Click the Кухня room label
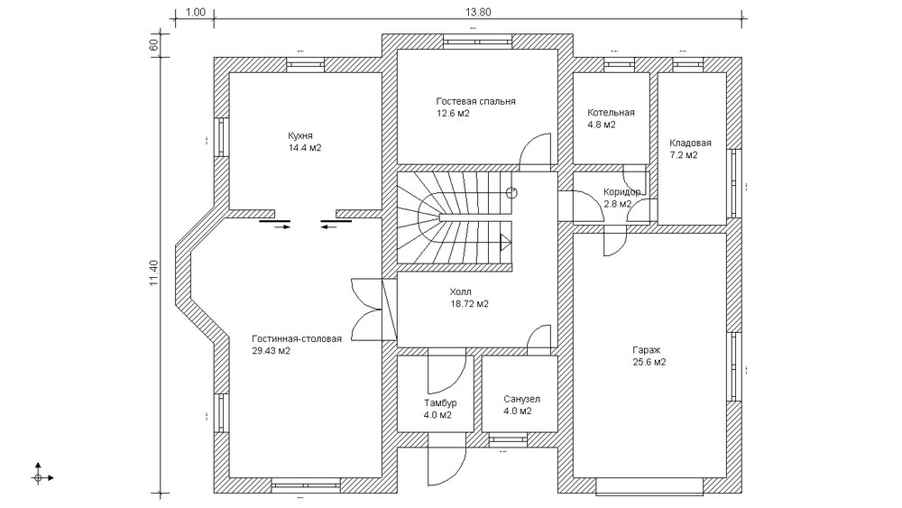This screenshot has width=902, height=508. pyautogui.click(x=300, y=135)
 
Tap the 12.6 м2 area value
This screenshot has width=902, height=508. pyautogui.click(x=453, y=114)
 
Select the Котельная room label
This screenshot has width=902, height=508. pyautogui.click(x=611, y=112)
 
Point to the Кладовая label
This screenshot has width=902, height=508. pyautogui.click(x=690, y=143)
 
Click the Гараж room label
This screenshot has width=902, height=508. pyautogui.click(x=647, y=350)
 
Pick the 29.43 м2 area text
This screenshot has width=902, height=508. pyautogui.click(x=271, y=351)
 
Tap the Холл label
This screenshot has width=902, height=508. pyautogui.click(x=460, y=291)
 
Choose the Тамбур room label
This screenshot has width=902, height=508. pyautogui.click(x=441, y=402)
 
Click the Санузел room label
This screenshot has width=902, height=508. pyautogui.click(x=521, y=399)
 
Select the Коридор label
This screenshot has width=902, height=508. pyautogui.click(x=621, y=191)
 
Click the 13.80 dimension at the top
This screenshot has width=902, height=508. pyautogui.click(x=478, y=12)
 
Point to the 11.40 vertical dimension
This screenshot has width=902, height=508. pyautogui.click(x=153, y=272)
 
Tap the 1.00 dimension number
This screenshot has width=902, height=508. pyautogui.click(x=196, y=12)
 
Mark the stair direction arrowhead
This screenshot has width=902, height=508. pyautogui.click(x=506, y=242)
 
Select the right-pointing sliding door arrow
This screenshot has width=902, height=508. pyautogui.click(x=282, y=226)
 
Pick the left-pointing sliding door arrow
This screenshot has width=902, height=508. pyautogui.click(x=328, y=226)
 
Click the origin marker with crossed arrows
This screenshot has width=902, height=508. pyautogui.click(x=39, y=477)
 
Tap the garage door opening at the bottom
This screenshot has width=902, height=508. pyautogui.click(x=649, y=486)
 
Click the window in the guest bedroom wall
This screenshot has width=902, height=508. pyautogui.click(x=477, y=42)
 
